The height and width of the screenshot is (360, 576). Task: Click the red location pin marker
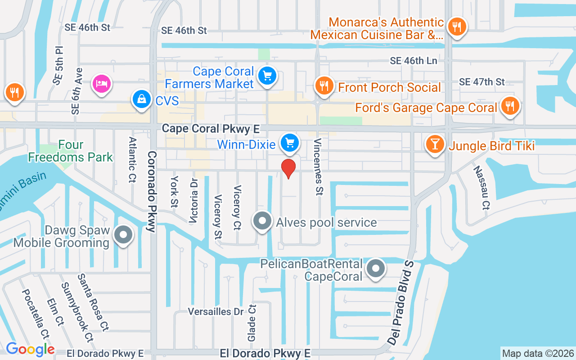tap(288, 168)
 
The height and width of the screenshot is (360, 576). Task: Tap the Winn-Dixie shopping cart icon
tap(290, 143)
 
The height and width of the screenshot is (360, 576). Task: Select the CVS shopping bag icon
tap(142, 100)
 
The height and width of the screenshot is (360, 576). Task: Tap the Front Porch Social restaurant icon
tap(324, 85)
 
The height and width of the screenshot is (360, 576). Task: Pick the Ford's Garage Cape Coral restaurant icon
tap(509, 106)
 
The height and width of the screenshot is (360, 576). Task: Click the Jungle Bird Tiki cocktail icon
tap(435, 144)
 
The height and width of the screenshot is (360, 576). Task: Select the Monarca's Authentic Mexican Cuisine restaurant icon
tap(457, 27)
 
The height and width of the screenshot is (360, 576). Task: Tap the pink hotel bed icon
tap(102, 84)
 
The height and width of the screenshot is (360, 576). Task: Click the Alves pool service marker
tap(262, 221)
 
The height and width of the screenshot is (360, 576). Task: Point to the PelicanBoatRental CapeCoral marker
tap(376, 269)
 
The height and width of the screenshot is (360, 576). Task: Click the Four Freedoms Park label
tap(71, 151)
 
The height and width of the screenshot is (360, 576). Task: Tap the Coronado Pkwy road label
tap(152, 191)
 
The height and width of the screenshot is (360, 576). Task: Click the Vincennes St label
tap(318, 166)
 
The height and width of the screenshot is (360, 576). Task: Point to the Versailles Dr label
tap(215, 311)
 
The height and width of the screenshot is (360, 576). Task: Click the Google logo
tap(30, 349)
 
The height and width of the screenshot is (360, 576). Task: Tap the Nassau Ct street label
tap(481, 187)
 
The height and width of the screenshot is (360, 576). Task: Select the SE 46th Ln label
tap(414, 61)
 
